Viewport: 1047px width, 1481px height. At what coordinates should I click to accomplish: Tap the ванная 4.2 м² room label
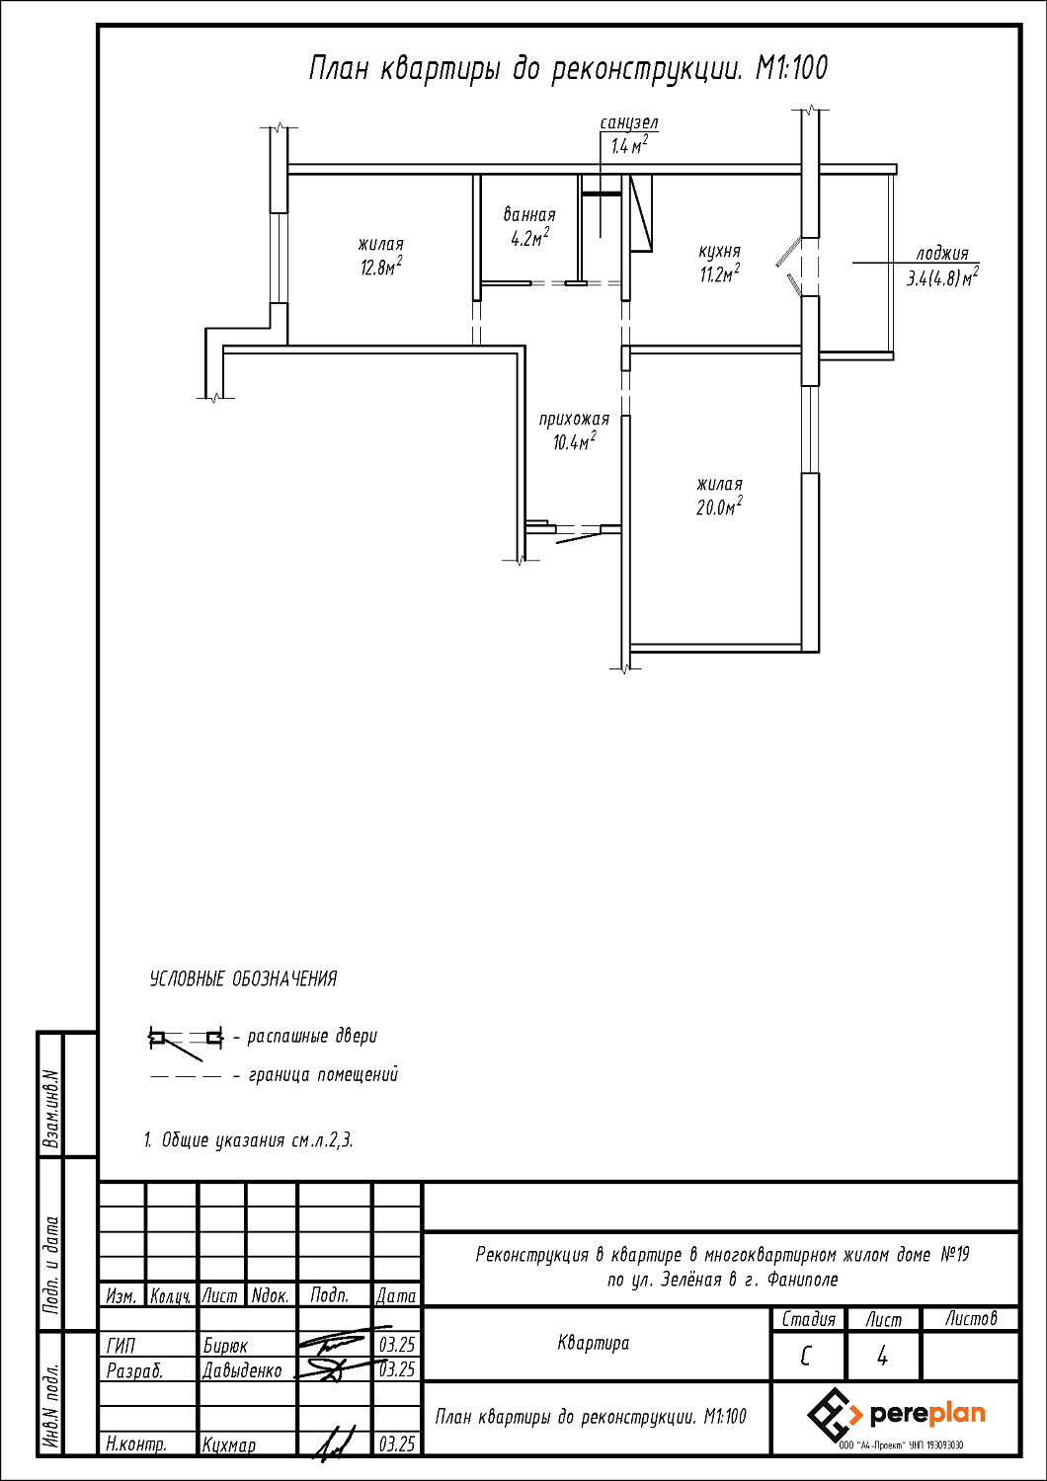pos(529,226)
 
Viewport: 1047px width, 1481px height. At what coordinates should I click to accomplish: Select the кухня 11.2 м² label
pos(719,264)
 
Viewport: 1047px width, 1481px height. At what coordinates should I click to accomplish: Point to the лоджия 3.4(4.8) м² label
pos(942,267)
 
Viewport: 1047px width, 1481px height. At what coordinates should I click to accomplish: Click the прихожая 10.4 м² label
pos(574,430)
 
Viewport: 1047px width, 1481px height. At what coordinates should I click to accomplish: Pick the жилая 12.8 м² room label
pos(380,256)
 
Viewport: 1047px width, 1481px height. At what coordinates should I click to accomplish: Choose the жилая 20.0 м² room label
pos(719,496)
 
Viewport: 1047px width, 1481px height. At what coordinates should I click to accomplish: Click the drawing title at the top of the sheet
pos(568,69)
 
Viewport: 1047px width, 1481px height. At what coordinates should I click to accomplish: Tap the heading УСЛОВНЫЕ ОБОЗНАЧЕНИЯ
pos(243,979)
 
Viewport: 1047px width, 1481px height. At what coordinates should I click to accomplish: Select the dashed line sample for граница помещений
pos(185,1075)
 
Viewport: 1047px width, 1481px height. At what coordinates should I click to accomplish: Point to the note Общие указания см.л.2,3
pos(248,1140)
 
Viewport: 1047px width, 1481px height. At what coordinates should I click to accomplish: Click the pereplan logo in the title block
pos(896,1415)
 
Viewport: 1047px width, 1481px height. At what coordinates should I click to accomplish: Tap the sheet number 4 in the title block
pos(882,1357)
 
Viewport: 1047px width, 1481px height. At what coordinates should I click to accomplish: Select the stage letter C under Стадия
pos(806,1357)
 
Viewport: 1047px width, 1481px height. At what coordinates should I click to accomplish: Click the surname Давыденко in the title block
pos(242,1370)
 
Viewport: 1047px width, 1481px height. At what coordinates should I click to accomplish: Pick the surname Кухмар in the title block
pos(229,1444)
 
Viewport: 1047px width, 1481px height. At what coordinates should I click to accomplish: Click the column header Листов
pos(970,1319)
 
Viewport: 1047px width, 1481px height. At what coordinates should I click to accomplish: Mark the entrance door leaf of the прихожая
pos(579,537)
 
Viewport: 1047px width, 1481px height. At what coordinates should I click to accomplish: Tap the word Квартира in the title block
pos(593,1343)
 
